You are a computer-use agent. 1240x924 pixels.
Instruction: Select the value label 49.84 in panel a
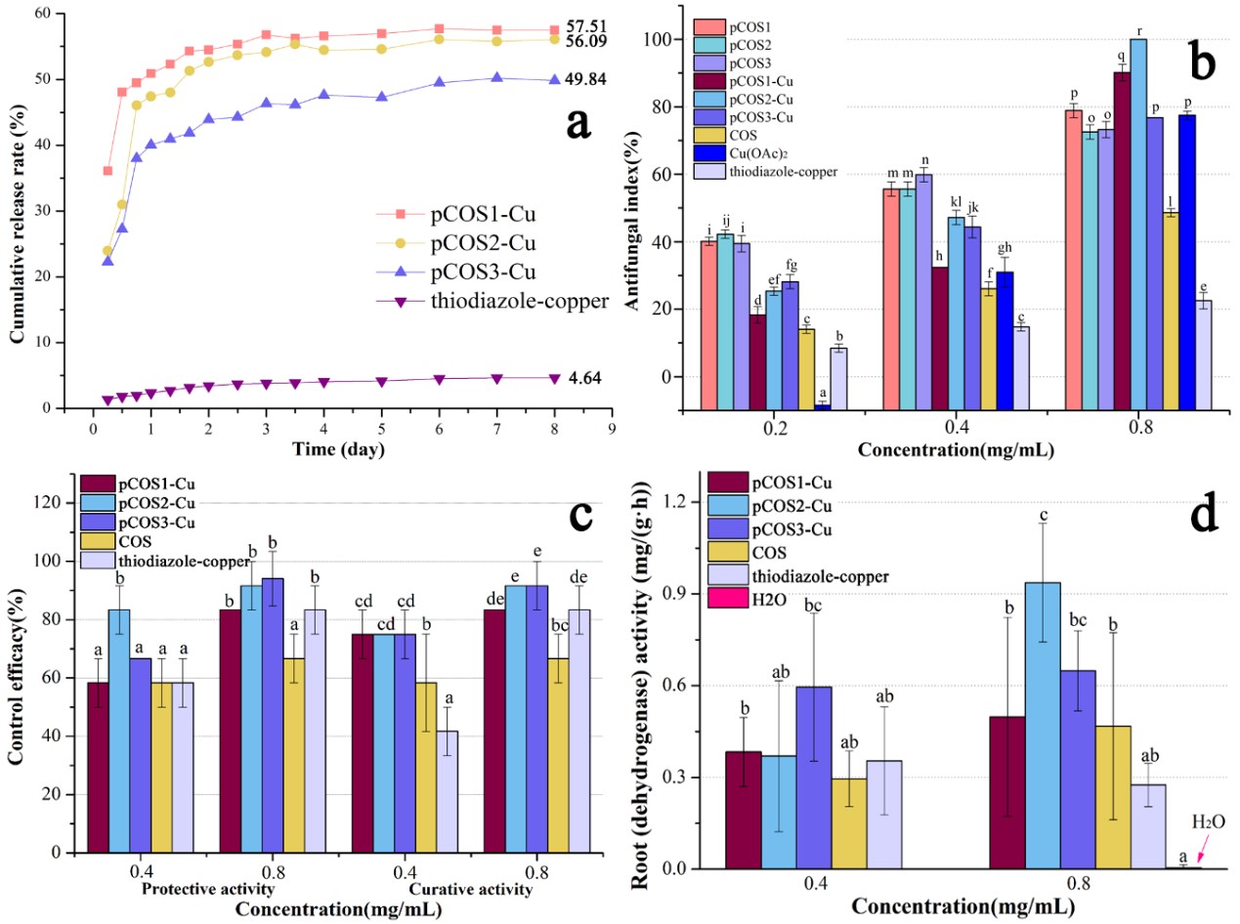click(583, 79)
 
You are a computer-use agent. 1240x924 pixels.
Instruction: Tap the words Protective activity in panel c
click(208, 890)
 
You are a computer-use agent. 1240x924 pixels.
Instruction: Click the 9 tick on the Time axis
click(612, 427)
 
